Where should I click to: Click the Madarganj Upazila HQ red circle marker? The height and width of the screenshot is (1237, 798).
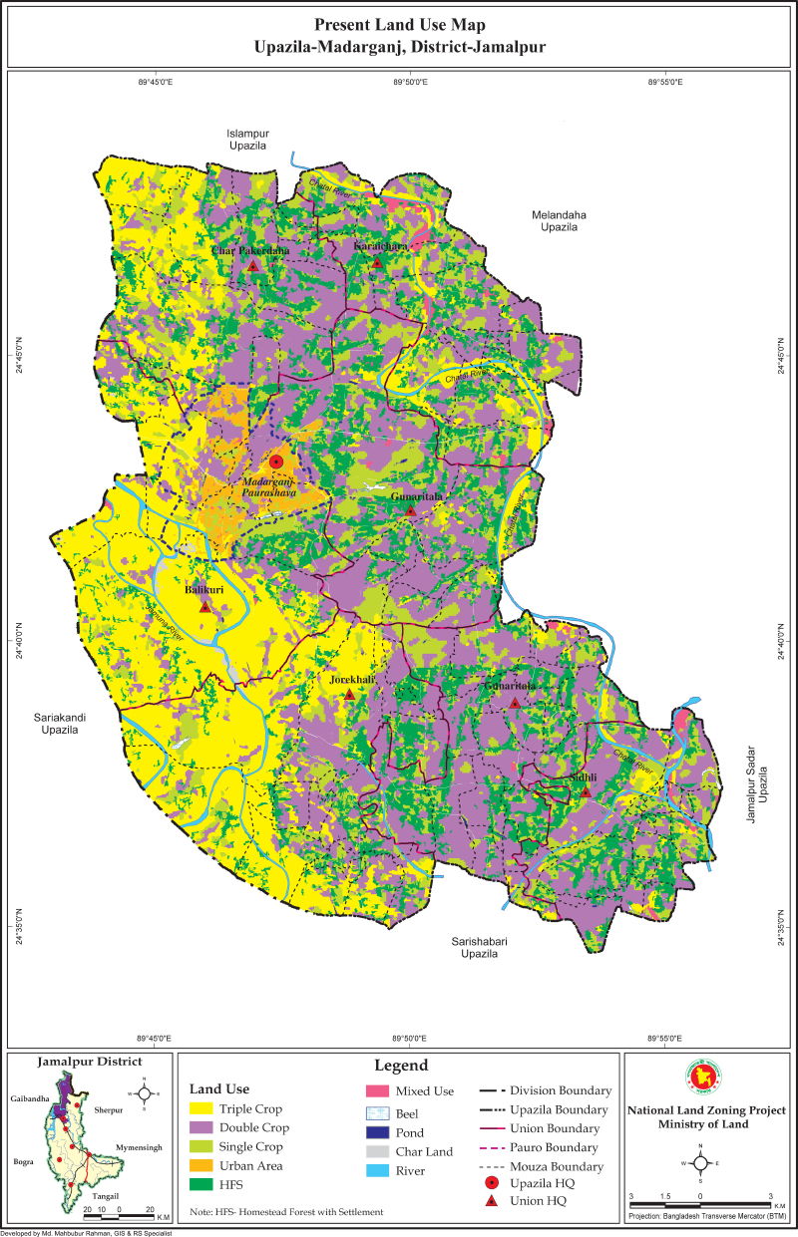(x=277, y=463)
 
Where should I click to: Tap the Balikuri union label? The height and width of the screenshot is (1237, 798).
(x=204, y=590)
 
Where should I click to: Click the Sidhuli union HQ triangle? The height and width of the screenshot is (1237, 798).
(x=587, y=792)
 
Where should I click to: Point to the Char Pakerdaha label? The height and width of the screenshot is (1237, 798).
(x=249, y=251)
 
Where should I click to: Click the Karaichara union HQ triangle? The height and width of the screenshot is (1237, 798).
(x=377, y=262)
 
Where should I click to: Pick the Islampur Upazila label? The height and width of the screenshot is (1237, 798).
(x=248, y=139)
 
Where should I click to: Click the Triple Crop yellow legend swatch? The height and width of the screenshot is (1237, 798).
(x=204, y=1108)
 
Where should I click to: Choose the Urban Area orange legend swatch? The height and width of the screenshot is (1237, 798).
(x=204, y=1166)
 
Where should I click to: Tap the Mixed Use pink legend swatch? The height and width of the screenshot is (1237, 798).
(x=376, y=1091)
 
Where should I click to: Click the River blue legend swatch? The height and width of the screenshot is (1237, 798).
(x=376, y=1171)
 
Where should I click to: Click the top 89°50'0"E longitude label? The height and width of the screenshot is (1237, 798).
(x=409, y=81)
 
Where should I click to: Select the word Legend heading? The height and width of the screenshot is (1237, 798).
(x=401, y=1066)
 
